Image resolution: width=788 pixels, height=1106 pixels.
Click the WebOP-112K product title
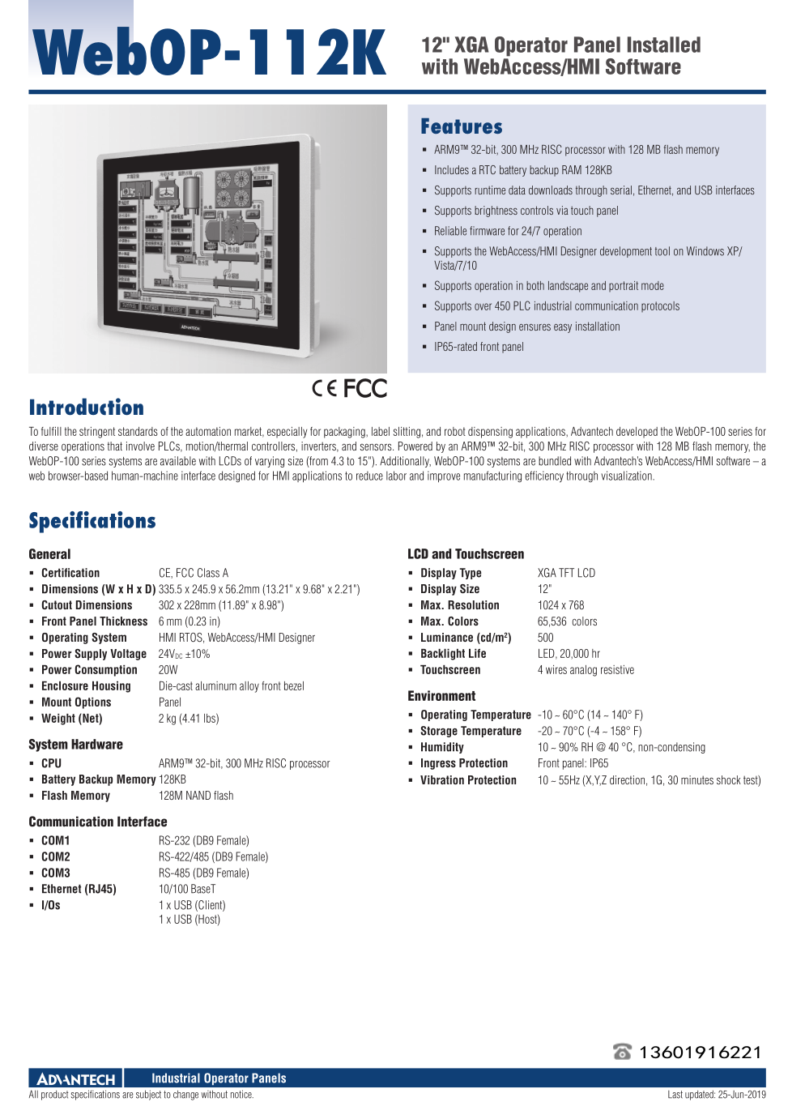[209, 53]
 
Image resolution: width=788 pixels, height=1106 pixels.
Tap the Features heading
[461, 127]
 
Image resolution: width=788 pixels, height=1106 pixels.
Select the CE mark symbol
[324, 388]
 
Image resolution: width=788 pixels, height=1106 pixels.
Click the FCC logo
[365, 389]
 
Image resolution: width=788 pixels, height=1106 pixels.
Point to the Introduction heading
[86, 408]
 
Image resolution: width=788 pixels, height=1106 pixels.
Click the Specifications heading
[92, 521]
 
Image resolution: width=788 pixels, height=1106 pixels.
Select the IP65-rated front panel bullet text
[479, 347]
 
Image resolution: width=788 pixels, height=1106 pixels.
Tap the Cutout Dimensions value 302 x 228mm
[221, 605]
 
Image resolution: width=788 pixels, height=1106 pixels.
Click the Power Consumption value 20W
[168, 670]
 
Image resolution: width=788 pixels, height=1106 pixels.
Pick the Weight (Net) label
[72, 719]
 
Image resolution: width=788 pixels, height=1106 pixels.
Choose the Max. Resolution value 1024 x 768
[560, 605]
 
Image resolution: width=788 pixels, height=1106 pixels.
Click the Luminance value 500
[546, 638]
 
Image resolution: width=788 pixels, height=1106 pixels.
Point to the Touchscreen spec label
[450, 670]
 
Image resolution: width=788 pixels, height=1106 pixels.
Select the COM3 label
[56, 873]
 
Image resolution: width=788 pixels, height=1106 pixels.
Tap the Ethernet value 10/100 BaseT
[187, 889]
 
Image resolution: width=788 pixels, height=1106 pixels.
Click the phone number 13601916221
[701, 1052]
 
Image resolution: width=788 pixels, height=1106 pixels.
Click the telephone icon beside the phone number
[622, 1052]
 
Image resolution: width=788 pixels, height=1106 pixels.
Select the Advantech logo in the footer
[76, 1078]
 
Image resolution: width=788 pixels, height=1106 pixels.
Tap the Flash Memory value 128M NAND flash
[196, 796]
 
